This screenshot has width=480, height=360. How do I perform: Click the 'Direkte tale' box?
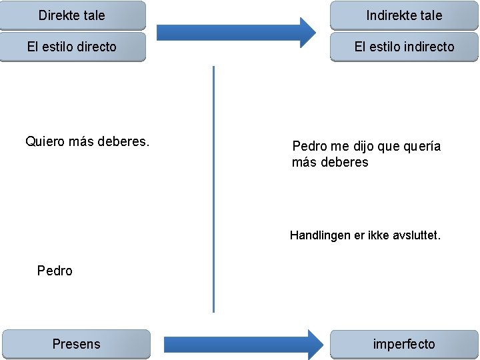72,15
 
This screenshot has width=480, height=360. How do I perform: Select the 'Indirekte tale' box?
404,15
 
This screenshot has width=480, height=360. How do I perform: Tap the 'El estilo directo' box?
72,47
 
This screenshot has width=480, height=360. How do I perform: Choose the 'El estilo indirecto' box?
404,47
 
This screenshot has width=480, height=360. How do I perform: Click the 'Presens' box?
76,344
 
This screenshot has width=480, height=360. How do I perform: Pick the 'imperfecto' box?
404,344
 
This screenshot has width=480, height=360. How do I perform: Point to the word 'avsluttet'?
415,235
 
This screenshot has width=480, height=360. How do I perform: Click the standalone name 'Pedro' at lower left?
55,271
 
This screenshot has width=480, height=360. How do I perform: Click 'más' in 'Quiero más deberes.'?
81,141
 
